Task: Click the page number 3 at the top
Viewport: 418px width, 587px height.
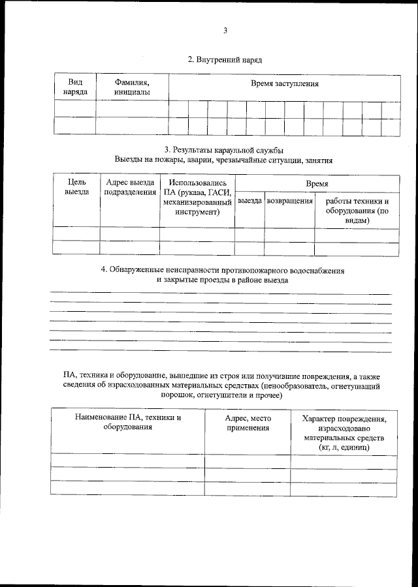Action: coord(225,30)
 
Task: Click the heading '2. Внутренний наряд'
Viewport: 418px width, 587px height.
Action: coord(225,59)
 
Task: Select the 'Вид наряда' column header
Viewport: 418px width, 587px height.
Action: coord(74,87)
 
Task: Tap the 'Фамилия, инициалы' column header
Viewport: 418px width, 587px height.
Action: coord(132,87)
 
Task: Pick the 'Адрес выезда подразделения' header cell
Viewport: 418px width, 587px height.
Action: coord(129,187)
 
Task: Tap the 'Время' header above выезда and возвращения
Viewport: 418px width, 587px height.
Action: coord(317,185)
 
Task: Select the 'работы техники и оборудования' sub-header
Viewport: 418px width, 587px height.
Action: coord(357,211)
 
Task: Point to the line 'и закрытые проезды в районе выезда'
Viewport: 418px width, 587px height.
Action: coord(222,280)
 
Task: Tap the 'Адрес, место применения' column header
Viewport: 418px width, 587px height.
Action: coord(248,423)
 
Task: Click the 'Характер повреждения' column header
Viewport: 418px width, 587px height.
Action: coord(344,419)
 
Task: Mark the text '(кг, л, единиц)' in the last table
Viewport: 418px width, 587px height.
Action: coord(344,448)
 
